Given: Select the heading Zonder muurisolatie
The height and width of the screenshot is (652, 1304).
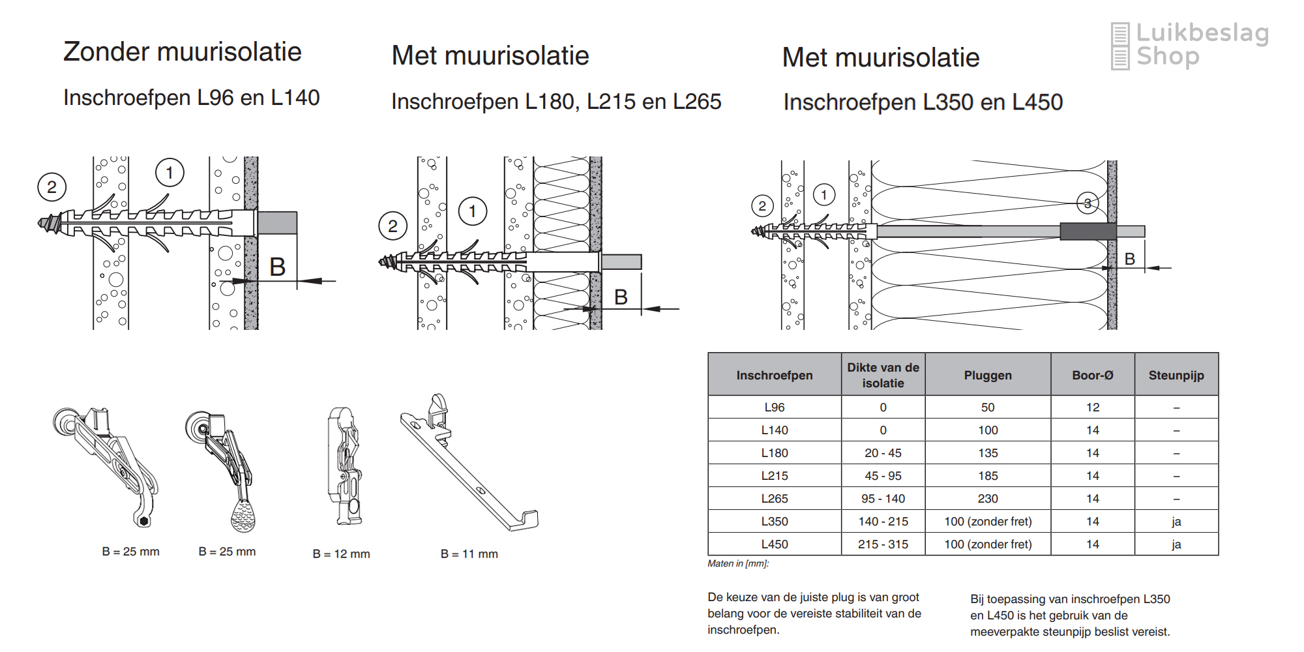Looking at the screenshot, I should coord(183,52).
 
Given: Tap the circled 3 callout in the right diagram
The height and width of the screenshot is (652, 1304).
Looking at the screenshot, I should coord(1087,203).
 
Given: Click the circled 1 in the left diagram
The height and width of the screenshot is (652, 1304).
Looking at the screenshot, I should coord(170,173).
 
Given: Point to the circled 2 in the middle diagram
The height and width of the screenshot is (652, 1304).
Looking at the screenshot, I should coord(393,226).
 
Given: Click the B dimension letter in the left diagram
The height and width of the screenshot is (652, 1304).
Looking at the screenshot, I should coord(278,267).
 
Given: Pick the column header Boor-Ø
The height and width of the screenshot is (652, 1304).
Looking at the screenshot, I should coord(1092,375).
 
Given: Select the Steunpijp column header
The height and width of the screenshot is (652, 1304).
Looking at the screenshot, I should coord(1176,375).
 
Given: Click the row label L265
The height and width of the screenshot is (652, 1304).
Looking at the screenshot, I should coord(775,499).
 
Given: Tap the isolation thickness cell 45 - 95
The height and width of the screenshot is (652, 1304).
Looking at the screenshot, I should coord(883,476).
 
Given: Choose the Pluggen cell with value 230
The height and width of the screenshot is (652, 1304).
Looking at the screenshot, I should coord(988,499).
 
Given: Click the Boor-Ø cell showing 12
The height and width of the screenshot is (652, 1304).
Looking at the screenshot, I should coord(1092,407).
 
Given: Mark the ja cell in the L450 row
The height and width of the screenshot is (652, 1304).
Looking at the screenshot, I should coord(1176,544).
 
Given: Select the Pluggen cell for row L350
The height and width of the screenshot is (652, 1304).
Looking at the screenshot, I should coord(988,522).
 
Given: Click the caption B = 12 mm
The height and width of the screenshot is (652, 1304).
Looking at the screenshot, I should coord(341,554).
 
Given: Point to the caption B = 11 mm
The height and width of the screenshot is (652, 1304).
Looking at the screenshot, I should coord(469,554).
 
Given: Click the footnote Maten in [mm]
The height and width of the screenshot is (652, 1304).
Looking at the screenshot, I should coord(738,563).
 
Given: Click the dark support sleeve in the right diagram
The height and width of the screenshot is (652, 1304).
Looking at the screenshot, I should coord(1088,231).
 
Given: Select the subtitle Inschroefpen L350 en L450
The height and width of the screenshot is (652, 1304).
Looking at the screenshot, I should coord(923,102).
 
